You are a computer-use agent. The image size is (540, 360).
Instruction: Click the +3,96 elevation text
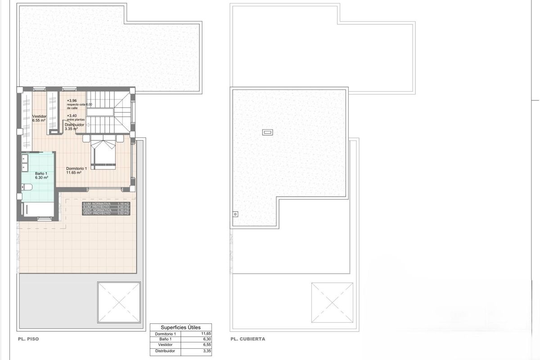click(x=72, y=101)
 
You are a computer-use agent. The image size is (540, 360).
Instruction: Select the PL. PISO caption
click(x=28, y=339)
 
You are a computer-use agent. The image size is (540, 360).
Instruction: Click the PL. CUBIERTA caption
click(x=247, y=339)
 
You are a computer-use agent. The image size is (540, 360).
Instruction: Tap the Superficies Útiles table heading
click(x=180, y=328)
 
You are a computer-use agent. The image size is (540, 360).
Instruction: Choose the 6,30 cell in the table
click(x=207, y=340)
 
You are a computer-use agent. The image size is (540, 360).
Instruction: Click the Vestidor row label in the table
click(x=165, y=345)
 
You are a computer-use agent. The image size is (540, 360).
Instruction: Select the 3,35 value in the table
click(x=207, y=351)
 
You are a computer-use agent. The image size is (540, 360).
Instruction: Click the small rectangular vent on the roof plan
click(x=267, y=132)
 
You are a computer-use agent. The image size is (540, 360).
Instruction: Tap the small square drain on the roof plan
click(x=234, y=214)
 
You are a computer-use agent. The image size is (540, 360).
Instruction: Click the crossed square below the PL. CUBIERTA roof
click(x=332, y=302)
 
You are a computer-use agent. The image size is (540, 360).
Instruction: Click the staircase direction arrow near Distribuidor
click(x=88, y=125)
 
